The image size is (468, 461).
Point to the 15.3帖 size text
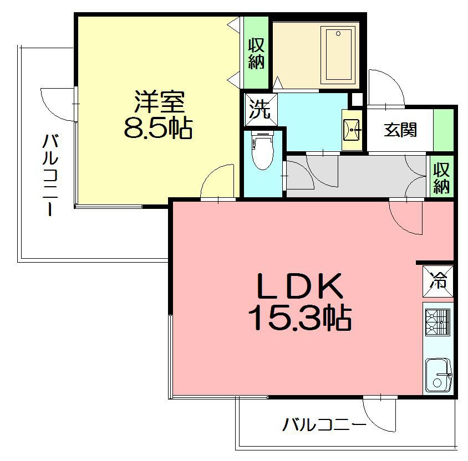click(299, 318)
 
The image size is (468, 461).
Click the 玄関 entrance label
click(400, 131)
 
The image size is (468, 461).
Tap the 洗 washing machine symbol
click(258, 109)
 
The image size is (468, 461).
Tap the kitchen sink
click(439, 376)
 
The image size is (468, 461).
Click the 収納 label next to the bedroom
click(256, 54)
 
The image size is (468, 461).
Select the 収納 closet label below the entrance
click(442, 177)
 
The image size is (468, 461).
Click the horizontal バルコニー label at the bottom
click(324, 426)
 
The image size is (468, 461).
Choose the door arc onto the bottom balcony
click(379, 414)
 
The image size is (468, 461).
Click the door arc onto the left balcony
click(58, 104)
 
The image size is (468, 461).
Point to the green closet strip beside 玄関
click(442, 130)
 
